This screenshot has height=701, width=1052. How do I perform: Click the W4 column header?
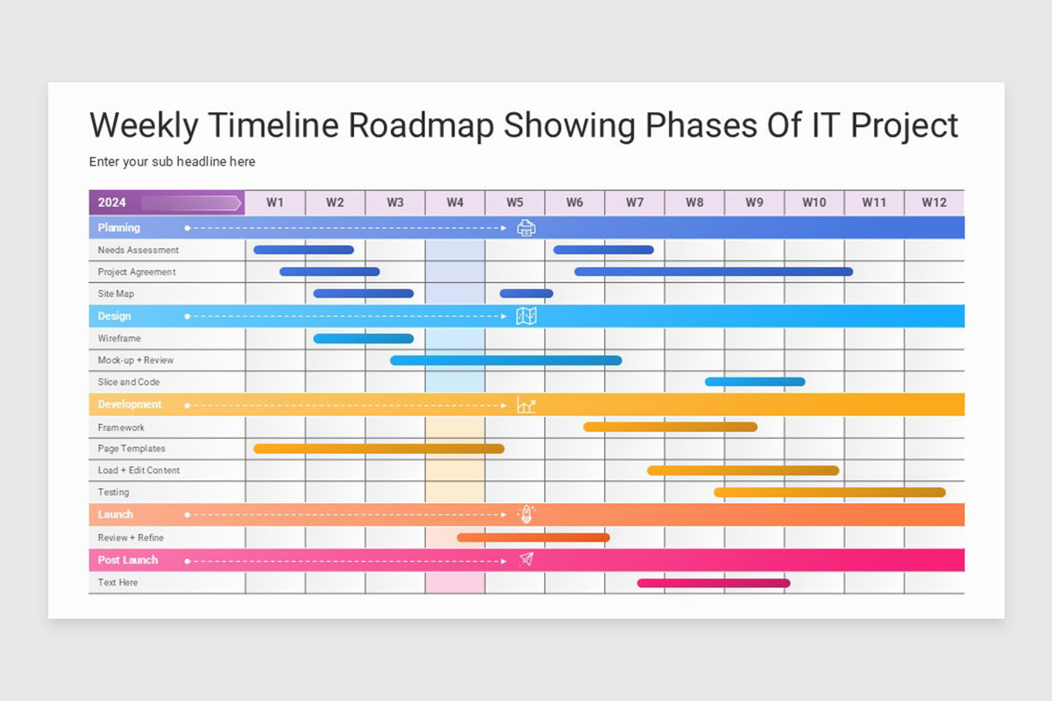coord(455,202)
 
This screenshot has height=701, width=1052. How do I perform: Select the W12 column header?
coord(934,202)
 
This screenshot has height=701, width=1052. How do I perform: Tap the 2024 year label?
coord(112,202)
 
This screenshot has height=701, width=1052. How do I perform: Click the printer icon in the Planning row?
coord(526,228)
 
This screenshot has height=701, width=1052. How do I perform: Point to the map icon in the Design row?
coord(526,316)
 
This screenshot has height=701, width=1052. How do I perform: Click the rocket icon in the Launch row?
coord(526,514)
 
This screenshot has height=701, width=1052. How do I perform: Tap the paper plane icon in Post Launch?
coord(526,559)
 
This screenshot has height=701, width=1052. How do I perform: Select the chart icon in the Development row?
coord(526,405)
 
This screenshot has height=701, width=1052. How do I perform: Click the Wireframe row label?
coord(119,338)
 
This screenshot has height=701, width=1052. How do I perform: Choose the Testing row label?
coord(113,492)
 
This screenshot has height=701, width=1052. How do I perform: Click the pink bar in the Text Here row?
coord(714,583)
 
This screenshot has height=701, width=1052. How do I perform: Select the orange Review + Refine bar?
coord(533,537)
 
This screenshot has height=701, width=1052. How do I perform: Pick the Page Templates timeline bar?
coord(379,449)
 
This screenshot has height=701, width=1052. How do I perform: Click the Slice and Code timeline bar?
coord(755,382)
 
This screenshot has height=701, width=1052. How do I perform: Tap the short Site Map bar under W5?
coord(526,294)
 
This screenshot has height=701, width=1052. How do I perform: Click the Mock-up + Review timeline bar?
coord(506,360)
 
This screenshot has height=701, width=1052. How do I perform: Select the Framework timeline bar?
coord(670,427)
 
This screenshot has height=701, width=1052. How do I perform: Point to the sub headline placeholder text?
coord(172,161)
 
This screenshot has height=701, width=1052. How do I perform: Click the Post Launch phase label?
coord(128,560)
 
